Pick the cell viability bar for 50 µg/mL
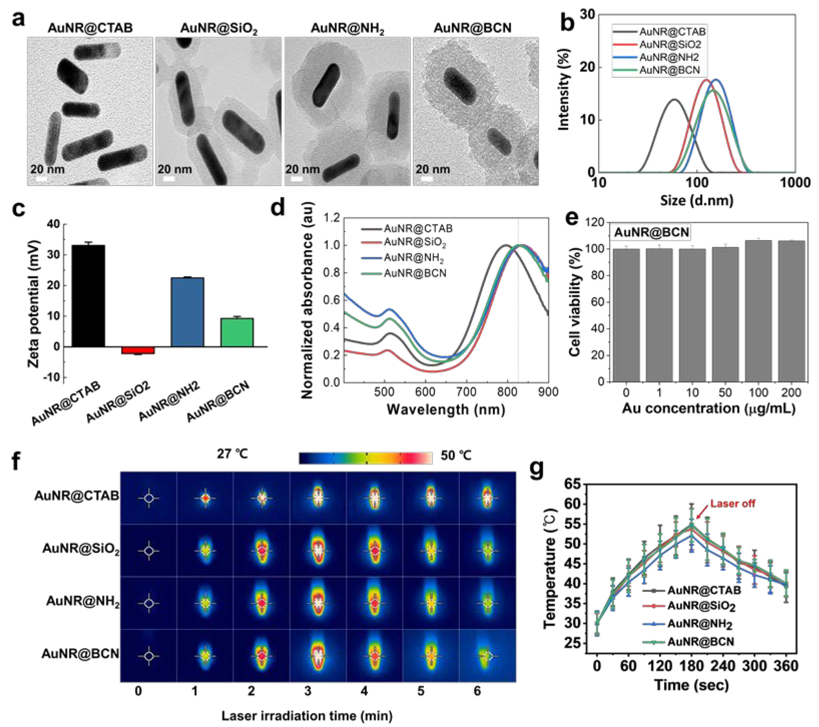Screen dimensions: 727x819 [725, 314]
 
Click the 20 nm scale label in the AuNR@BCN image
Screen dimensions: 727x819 [432, 169]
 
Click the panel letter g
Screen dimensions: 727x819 [537, 468]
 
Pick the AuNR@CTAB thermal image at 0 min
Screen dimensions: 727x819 [149, 498]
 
